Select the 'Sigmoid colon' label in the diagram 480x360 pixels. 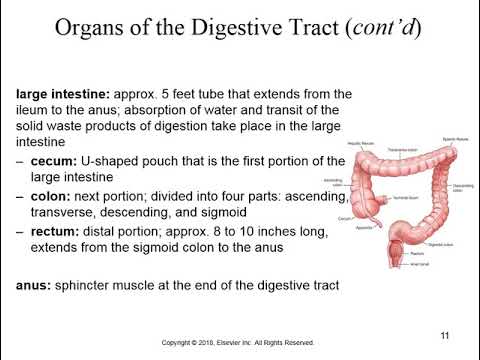[x=439, y=244]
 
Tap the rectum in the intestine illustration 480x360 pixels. [x=401, y=246]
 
